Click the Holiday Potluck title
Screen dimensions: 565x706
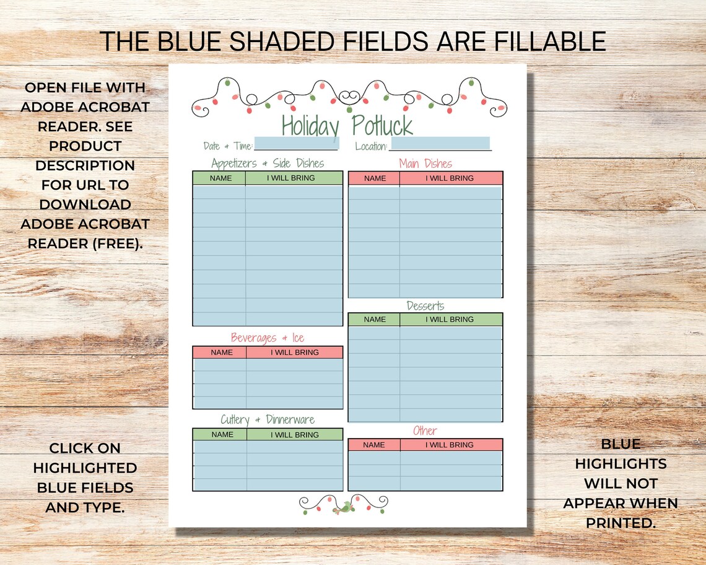tap(347, 126)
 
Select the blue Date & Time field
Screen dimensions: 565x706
tap(296, 144)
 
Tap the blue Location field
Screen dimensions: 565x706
tap(440, 144)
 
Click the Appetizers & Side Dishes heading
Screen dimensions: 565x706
tap(268, 164)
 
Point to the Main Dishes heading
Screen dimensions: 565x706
tap(425, 164)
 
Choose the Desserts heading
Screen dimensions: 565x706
tap(425, 305)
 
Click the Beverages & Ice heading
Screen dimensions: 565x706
tap(268, 338)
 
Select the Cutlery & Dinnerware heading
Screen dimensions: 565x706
tap(268, 420)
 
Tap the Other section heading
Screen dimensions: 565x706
tap(425, 431)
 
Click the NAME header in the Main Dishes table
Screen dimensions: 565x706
tap(375, 178)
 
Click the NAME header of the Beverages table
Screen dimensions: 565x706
tap(222, 353)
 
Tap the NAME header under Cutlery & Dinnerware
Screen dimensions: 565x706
tap(222, 435)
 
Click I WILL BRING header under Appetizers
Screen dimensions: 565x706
tap(291, 178)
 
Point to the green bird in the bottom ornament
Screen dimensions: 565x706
tap(342, 508)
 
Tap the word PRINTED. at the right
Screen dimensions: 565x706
tap(620, 522)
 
